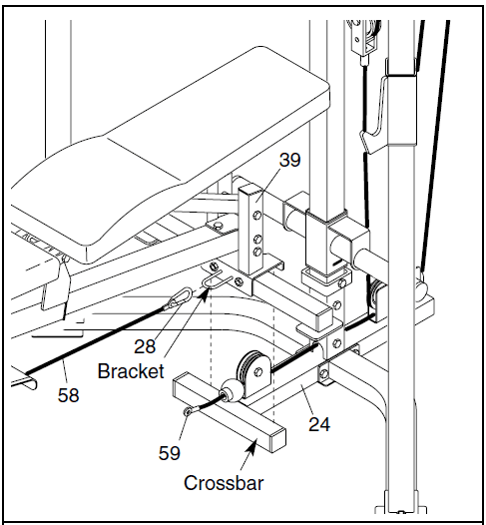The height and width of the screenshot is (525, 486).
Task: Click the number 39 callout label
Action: [289, 160]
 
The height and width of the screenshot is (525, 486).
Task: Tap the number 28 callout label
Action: [145, 346]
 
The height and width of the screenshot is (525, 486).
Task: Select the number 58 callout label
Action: [68, 395]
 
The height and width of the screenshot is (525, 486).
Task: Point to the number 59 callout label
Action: [169, 453]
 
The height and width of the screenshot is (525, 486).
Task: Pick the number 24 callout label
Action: [319, 424]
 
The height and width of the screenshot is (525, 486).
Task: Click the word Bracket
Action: [131, 371]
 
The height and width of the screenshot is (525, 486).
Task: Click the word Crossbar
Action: [224, 483]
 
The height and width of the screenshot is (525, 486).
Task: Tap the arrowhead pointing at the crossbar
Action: [252, 447]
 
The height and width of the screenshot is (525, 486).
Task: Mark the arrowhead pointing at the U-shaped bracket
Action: [208, 292]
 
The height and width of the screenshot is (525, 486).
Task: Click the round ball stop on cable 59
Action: [231, 390]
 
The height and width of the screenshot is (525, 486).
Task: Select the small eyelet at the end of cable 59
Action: [188, 411]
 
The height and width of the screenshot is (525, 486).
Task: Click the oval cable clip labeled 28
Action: [180, 298]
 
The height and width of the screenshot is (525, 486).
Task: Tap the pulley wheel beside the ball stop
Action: [251, 370]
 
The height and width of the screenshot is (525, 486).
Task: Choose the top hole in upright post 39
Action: [257, 216]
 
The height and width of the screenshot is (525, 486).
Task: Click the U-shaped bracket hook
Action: [217, 280]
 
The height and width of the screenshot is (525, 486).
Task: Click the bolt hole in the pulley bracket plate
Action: [258, 371]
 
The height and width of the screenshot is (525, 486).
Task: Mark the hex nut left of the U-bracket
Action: [213, 266]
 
